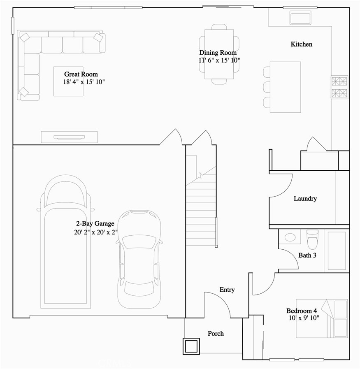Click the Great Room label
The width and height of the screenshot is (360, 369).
point(81,74)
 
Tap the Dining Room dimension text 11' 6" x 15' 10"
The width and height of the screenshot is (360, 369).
point(219,60)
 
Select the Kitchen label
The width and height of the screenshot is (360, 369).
point(301,44)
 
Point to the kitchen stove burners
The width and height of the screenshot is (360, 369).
point(339,87)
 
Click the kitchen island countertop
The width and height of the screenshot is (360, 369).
point(285,87)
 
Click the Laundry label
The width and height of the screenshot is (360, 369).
point(305,199)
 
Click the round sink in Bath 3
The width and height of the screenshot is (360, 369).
point(290,237)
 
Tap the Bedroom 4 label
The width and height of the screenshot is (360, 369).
point(301,311)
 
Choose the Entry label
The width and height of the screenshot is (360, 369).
point(227,290)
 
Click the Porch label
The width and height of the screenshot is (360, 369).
point(216,333)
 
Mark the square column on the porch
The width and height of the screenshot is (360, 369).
point(191,346)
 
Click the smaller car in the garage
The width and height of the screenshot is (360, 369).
point(139,259)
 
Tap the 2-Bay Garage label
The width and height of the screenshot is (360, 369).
point(95,224)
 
